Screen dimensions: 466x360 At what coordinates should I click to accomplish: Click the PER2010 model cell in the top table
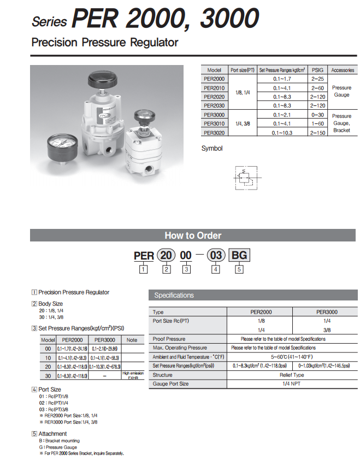point(214,87)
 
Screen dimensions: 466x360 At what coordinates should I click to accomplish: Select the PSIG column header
point(317,70)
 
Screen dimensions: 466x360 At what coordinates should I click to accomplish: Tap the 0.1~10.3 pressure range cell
point(282,132)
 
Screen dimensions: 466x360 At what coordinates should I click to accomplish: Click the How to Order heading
point(193,235)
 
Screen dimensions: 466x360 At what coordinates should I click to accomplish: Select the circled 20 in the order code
point(167,255)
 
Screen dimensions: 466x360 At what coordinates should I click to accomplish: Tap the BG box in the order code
point(239,255)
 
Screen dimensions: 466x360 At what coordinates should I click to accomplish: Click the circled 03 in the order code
point(216,255)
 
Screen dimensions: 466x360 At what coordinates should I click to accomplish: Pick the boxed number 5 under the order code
point(238,269)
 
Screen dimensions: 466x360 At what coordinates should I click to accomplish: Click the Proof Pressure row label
point(169,339)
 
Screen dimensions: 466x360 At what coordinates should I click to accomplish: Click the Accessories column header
point(342,70)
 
